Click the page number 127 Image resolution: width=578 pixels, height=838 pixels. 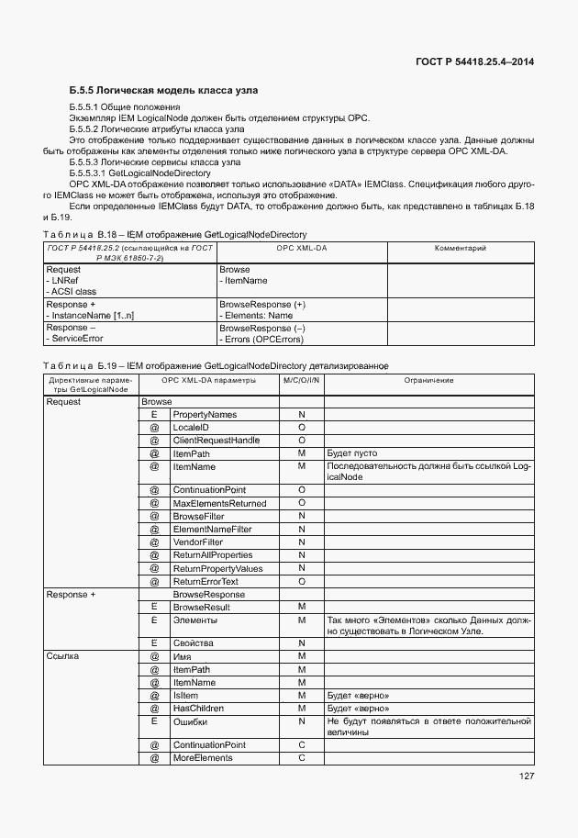click(525, 777)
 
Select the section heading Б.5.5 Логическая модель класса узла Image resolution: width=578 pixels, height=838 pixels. click(163, 91)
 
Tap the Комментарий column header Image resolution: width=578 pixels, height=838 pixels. click(461, 249)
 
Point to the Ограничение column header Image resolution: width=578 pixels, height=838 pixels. click(428, 380)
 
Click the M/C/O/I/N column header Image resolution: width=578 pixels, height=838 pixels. click(301, 380)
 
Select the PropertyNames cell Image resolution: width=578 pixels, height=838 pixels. click(205, 415)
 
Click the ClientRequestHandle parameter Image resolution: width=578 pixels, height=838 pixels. click(217, 441)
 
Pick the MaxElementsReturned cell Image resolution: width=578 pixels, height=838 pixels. click(219, 503)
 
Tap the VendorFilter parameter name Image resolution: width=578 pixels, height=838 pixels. click(198, 542)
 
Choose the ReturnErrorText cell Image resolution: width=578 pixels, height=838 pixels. click(206, 581)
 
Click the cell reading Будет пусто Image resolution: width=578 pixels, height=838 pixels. click(352, 453)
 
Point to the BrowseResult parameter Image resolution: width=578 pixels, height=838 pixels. click(201, 608)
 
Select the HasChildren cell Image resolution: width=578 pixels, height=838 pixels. click(198, 709)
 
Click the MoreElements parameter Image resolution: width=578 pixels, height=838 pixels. click(203, 758)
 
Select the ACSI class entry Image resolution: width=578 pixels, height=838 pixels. click(71, 292)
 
